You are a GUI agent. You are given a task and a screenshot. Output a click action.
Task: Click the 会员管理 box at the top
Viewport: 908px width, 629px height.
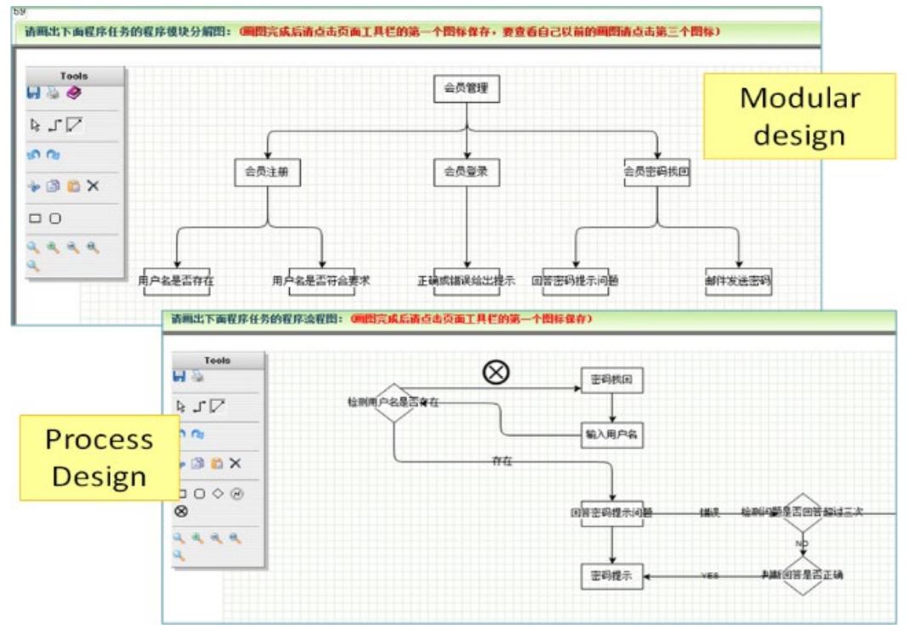tap(466, 88)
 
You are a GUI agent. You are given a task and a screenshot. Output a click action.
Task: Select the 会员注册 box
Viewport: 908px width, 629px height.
tap(268, 172)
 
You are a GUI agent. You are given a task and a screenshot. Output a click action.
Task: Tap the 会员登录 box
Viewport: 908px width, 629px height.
tap(466, 172)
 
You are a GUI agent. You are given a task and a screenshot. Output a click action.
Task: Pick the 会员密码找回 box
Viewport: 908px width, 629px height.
tap(656, 172)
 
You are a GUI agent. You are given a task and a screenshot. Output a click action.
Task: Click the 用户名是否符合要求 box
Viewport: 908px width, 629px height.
tap(321, 280)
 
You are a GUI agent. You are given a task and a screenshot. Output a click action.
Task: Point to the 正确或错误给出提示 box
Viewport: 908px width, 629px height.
tap(466, 280)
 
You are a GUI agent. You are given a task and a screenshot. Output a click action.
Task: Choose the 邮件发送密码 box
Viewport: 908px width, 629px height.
tap(738, 280)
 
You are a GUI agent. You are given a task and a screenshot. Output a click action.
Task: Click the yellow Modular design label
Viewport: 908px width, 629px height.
tap(799, 116)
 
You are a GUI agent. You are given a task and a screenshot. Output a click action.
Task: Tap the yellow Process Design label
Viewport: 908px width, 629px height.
tap(99, 457)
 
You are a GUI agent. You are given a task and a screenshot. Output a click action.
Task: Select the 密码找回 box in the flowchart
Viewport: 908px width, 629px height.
tap(611, 380)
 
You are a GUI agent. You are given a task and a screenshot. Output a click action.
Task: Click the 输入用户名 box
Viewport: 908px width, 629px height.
tap(611, 434)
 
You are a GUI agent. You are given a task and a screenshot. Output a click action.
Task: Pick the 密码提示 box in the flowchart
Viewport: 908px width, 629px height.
tap(611, 575)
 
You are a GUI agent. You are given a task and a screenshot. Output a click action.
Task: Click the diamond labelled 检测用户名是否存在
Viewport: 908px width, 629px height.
tap(394, 402)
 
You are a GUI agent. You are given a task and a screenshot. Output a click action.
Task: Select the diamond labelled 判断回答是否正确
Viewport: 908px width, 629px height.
tap(803, 575)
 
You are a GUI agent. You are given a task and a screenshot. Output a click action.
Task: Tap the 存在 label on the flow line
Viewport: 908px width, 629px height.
tap(502, 462)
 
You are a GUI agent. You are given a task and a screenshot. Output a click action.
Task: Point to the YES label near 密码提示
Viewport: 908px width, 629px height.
tap(709, 575)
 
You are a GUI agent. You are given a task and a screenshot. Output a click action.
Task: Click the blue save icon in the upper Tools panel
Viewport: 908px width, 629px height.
tap(34, 93)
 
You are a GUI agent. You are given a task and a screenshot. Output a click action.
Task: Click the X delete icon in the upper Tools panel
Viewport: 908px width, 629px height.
tap(93, 186)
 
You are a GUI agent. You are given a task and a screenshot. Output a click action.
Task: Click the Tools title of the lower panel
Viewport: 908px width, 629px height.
tap(218, 360)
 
